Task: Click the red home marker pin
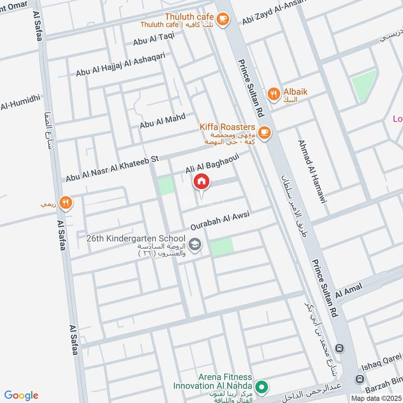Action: click(x=201, y=182)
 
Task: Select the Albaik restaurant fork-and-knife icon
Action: click(x=274, y=93)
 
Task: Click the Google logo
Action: click(x=21, y=395)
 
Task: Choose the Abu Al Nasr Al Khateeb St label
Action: click(x=112, y=168)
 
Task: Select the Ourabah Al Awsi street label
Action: click(x=220, y=222)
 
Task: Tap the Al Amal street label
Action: click(x=346, y=291)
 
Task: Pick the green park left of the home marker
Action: click(x=166, y=186)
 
